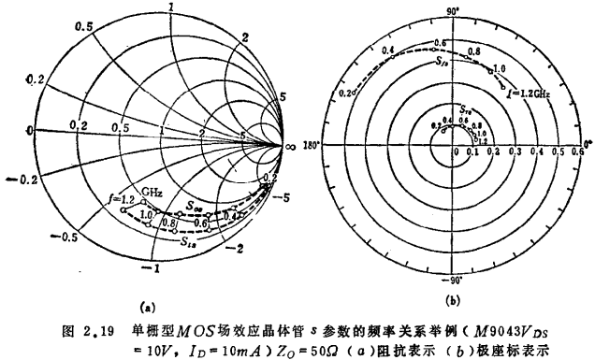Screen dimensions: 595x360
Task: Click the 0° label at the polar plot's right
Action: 587,144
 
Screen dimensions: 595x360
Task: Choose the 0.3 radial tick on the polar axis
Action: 508,152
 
